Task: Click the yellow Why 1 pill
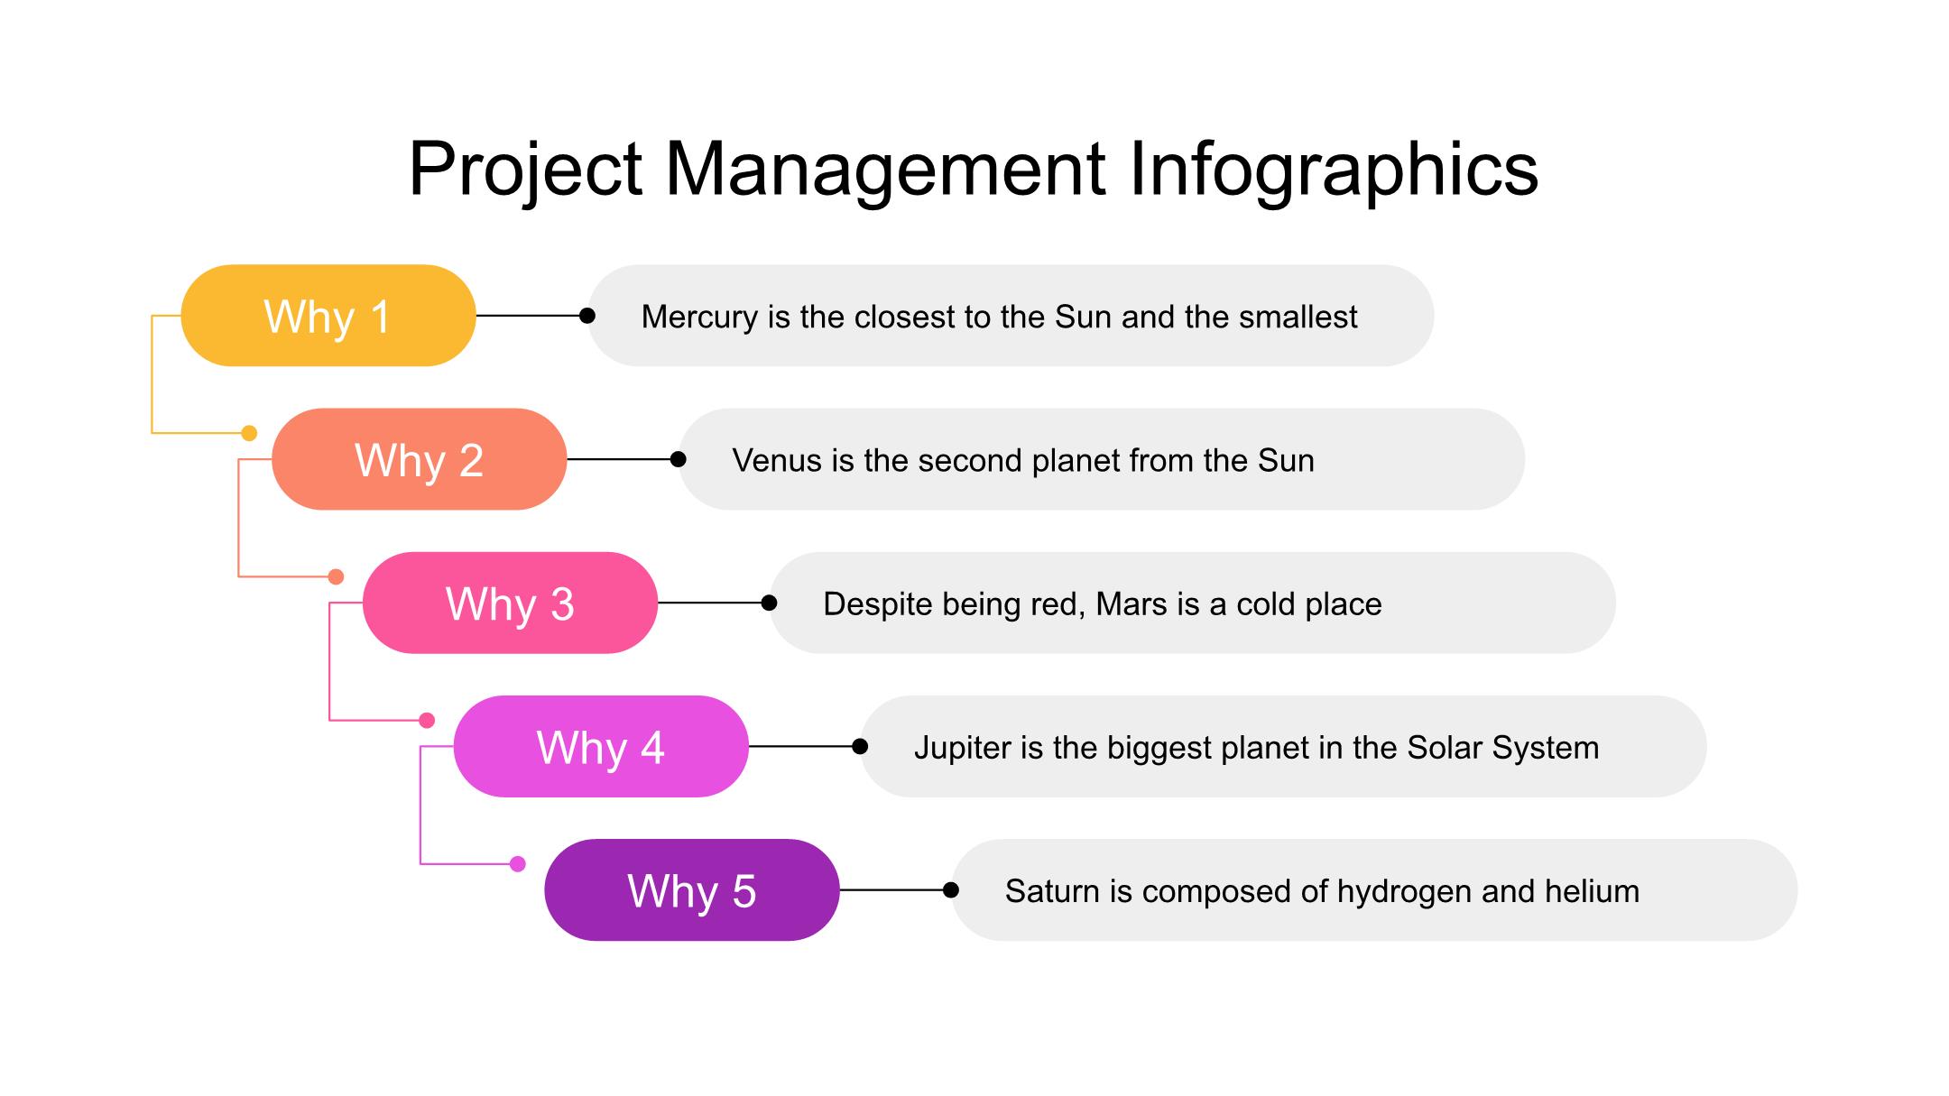[328, 316]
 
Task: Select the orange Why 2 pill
[420, 459]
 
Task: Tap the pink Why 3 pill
[511, 603]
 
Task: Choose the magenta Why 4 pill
[601, 746]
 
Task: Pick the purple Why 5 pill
[692, 890]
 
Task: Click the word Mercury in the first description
[699, 318]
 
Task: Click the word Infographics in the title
[1334, 170]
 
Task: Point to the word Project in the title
[525, 170]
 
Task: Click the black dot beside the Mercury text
[587, 316]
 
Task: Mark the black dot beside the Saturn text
[951, 890]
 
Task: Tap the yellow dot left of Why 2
[250, 434]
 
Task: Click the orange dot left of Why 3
[336, 576]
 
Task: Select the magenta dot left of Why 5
[518, 864]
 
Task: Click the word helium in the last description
[1592, 891]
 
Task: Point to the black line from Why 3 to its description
[713, 603]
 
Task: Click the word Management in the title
[885, 170]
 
